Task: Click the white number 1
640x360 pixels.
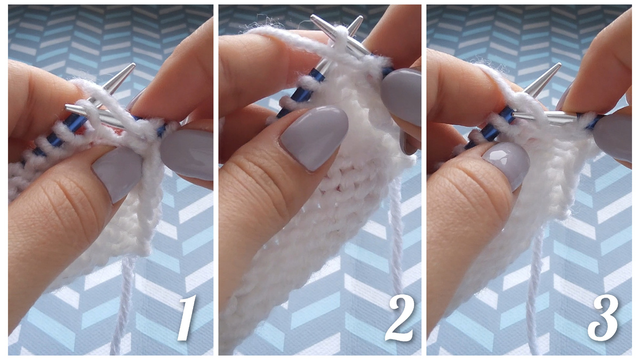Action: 187,318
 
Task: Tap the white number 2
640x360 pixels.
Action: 399,318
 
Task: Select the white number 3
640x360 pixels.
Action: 603,318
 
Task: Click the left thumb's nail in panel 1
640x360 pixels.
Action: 118,174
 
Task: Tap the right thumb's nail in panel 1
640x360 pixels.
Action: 187,155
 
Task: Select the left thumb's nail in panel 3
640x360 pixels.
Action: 506,166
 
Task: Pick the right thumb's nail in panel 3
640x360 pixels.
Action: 613,138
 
